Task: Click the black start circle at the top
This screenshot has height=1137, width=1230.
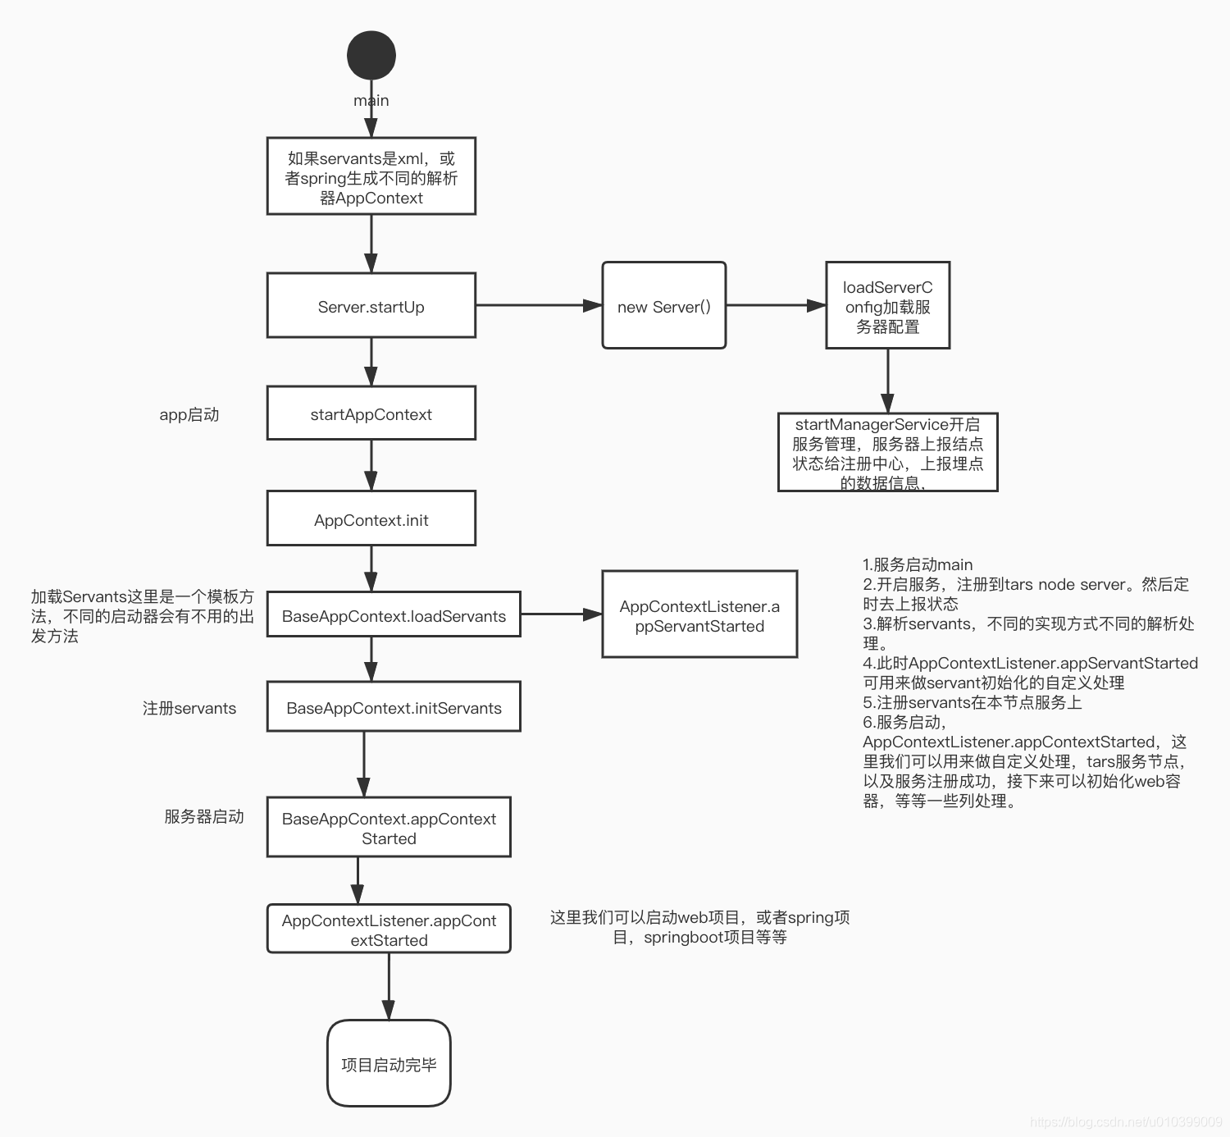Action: pyautogui.click(x=371, y=55)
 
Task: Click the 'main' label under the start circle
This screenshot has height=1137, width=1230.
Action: pyautogui.click(x=371, y=101)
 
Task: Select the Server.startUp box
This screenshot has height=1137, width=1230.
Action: pyautogui.click(x=371, y=306)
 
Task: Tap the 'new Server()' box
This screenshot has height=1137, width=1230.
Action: pyautogui.click(x=663, y=306)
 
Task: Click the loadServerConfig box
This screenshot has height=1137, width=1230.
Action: pyautogui.click(x=887, y=306)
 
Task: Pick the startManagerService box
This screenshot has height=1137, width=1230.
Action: pyautogui.click(x=887, y=452)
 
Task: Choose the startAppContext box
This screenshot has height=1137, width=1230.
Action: pyautogui.click(x=371, y=413)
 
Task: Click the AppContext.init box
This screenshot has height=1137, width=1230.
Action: pyautogui.click(x=371, y=518)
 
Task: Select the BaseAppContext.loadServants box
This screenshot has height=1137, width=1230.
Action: pyautogui.click(x=394, y=614)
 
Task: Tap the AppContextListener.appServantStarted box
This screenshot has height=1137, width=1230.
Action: pyautogui.click(x=699, y=614)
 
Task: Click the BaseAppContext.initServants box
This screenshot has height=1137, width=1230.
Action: pyautogui.click(x=394, y=706)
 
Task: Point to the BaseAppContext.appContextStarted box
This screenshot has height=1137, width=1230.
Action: pyautogui.click(x=389, y=827)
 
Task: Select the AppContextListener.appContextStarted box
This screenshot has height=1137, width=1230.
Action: pyautogui.click(x=389, y=929)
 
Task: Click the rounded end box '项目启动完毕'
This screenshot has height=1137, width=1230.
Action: pyautogui.click(x=389, y=1063)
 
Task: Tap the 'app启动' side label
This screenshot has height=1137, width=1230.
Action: pyautogui.click(x=189, y=414)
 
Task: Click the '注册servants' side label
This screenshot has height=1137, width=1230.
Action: pyautogui.click(x=189, y=708)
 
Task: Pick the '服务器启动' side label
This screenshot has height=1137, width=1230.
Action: pyautogui.click(x=204, y=816)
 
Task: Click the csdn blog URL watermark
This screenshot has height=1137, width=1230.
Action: pyautogui.click(x=1125, y=1121)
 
